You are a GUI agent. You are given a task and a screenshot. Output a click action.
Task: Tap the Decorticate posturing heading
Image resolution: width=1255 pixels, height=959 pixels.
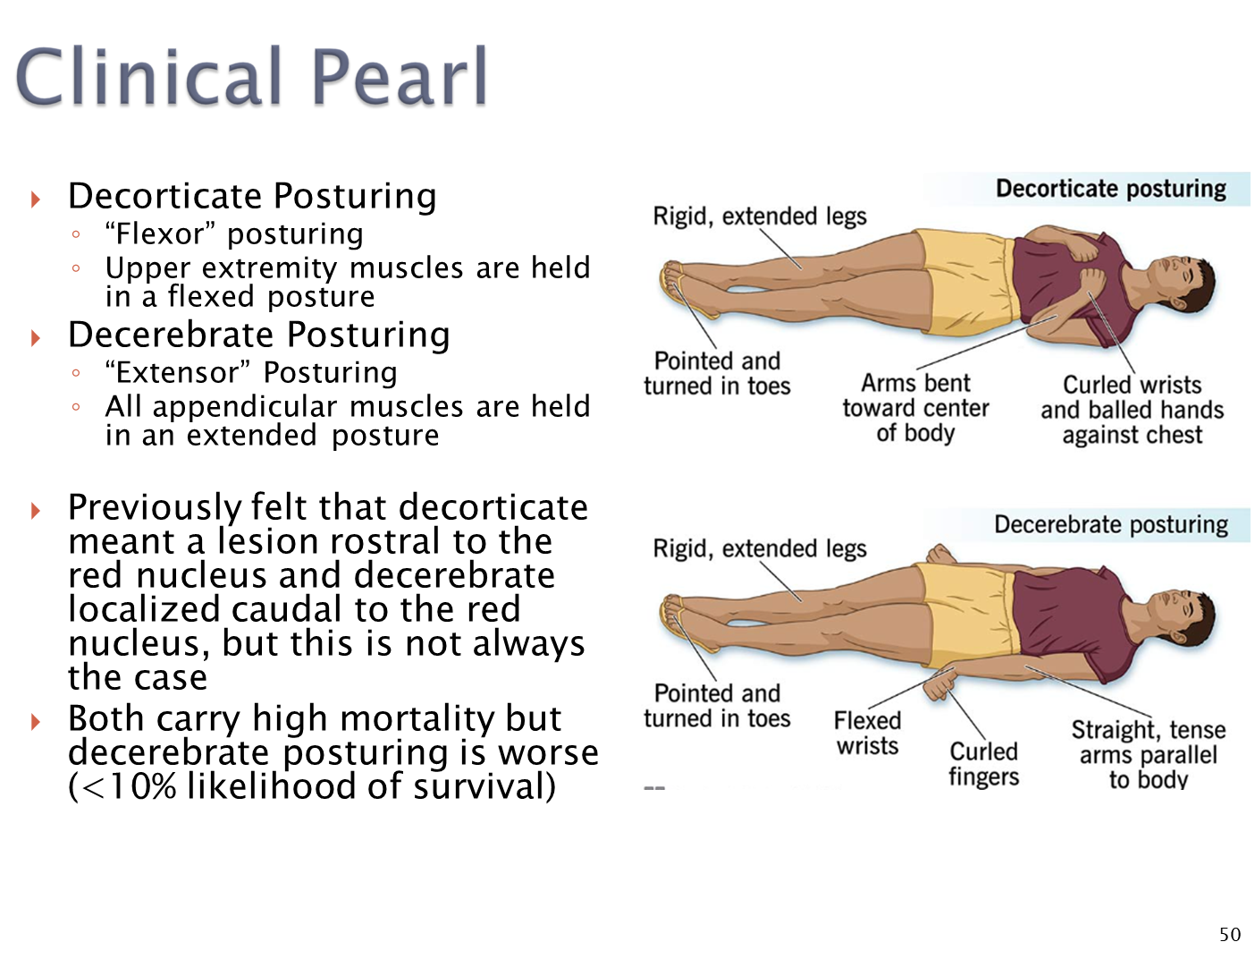click(x=1110, y=189)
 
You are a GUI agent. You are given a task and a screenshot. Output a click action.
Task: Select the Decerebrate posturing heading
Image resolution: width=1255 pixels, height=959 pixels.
click(x=1110, y=524)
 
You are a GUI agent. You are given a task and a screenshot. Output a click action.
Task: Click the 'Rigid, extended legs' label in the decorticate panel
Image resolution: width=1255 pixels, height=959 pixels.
click(x=760, y=216)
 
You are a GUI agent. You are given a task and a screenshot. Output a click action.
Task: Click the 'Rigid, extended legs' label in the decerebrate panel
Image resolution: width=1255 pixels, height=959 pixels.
click(x=760, y=548)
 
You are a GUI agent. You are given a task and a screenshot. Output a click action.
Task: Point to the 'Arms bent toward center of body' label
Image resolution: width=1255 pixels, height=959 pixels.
click(x=915, y=408)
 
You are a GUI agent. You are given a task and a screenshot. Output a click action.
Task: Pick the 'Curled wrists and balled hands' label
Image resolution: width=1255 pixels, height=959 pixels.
click(x=1132, y=410)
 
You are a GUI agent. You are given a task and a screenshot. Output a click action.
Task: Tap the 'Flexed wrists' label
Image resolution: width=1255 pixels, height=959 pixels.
click(x=867, y=733)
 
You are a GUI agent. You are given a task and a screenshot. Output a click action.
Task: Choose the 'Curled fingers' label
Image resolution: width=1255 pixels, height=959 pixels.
click(x=983, y=763)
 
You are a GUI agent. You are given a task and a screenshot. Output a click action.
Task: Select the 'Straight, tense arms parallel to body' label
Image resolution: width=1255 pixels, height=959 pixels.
click(x=1148, y=754)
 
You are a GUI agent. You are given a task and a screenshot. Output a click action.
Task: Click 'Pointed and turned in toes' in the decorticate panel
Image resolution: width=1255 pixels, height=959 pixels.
click(x=717, y=373)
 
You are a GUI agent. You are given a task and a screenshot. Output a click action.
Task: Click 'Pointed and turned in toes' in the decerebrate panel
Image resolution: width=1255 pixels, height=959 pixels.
click(x=717, y=706)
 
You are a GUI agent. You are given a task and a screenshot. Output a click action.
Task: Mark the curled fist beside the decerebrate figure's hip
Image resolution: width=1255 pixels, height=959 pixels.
click(x=939, y=688)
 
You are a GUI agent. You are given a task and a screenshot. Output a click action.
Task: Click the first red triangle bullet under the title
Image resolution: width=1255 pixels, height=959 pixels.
click(x=36, y=199)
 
